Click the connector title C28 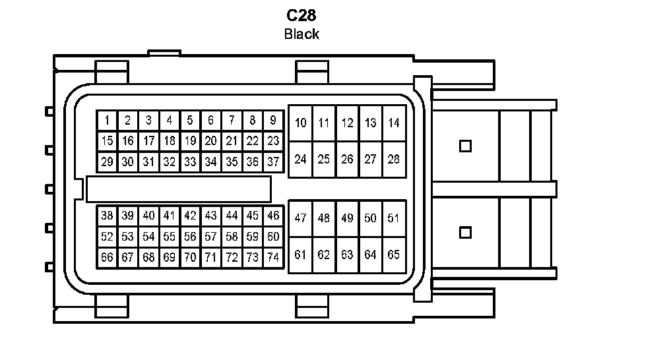301,15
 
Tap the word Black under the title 301,34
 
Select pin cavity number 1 107,121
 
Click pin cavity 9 273,121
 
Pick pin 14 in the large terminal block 394,123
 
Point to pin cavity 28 394,159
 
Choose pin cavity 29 107,162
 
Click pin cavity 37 273,162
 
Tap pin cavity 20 210,141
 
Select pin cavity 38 107,216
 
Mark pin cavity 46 273,216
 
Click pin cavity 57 210,237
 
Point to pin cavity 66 107,257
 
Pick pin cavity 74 273,257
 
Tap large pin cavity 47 301,218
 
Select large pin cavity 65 394,255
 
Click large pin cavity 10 301,123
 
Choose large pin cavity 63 347,255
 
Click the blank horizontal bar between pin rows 178,189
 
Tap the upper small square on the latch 465,146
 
